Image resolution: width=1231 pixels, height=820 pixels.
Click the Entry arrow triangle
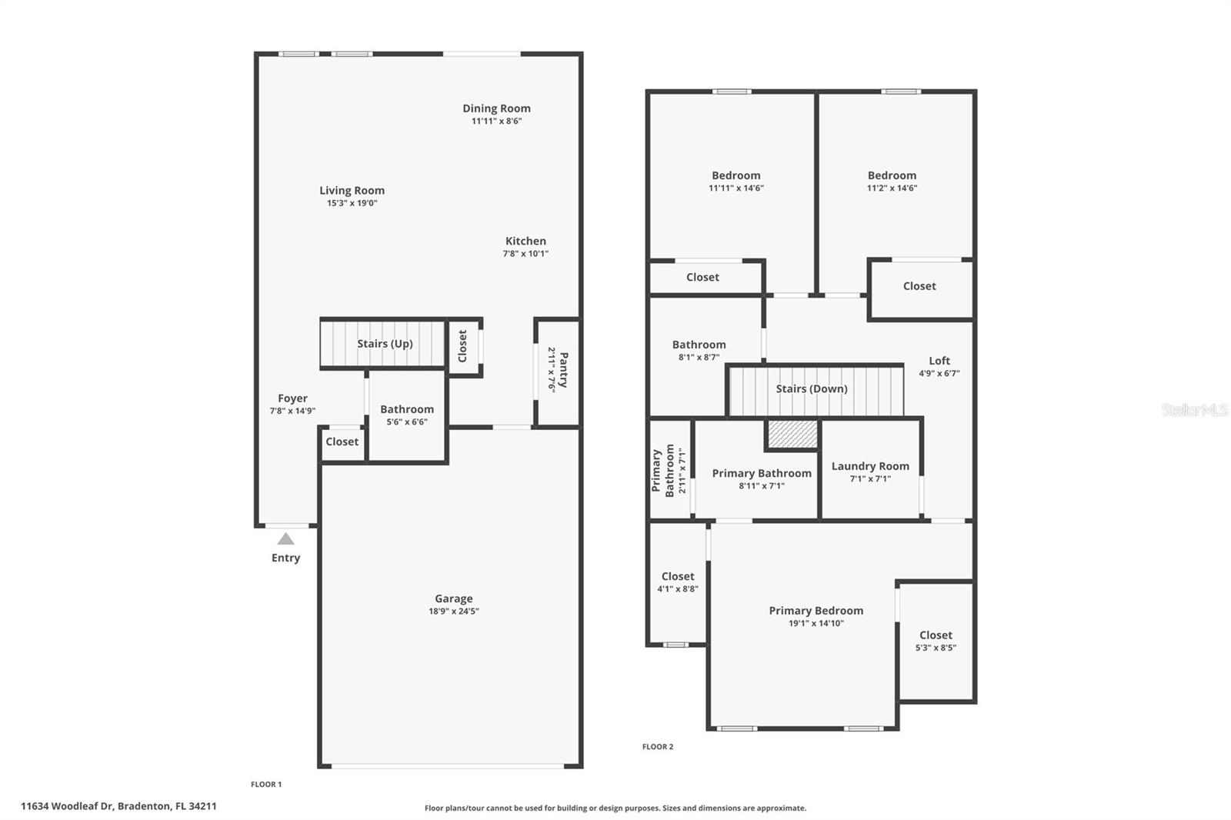pyautogui.click(x=285, y=539)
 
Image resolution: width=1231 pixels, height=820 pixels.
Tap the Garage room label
pyautogui.click(x=453, y=598)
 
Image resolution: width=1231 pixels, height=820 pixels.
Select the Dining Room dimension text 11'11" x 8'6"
pyautogui.click(x=496, y=121)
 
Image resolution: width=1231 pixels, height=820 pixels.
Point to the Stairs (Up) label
pyautogui.click(x=385, y=344)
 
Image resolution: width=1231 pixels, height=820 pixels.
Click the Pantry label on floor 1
pyautogui.click(x=563, y=370)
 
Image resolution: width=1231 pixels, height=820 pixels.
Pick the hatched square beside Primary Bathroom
pyautogui.click(x=792, y=434)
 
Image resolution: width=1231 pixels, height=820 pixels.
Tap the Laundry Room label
pyautogui.click(x=870, y=466)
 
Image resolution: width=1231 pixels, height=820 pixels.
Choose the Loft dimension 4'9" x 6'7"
pyautogui.click(x=939, y=373)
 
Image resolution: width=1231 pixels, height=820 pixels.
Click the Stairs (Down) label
pyautogui.click(x=811, y=388)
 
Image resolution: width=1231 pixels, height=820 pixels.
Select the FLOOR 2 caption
pyautogui.click(x=658, y=746)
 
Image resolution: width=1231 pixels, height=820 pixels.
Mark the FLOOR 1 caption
pyautogui.click(x=266, y=785)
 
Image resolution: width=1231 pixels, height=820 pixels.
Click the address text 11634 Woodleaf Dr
pyautogui.click(x=67, y=805)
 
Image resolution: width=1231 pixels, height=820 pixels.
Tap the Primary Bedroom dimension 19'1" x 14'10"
pyautogui.click(x=816, y=623)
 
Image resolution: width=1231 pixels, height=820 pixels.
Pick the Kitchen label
pyautogui.click(x=525, y=241)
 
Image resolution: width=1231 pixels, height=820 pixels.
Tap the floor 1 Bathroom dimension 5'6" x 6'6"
pyautogui.click(x=407, y=422)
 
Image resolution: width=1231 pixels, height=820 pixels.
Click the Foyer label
pyautogui.click(x=292, y=398)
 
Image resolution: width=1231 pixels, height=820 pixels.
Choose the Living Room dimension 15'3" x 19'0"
pyautogui.click(x=352, y=203)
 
